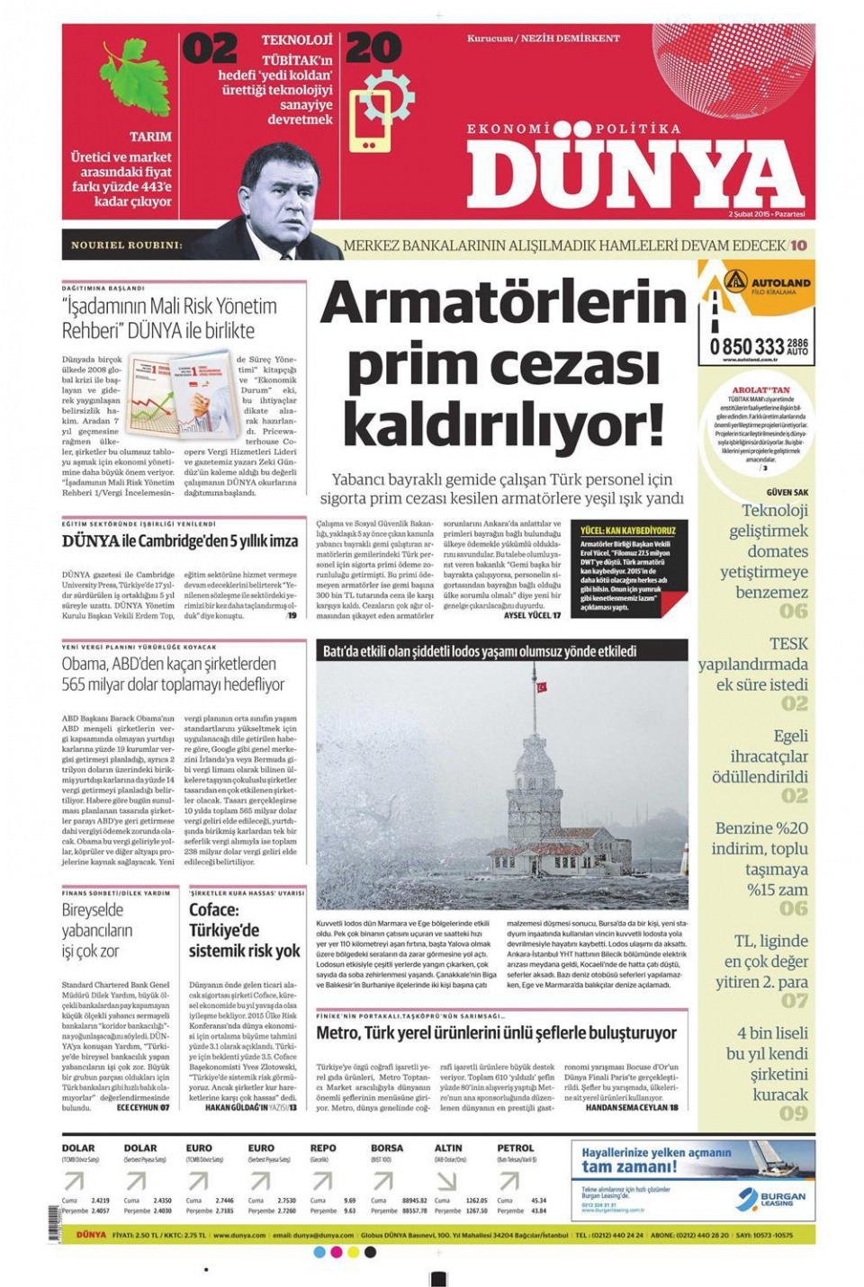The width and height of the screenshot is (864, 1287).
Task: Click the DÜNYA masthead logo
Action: [635, 174]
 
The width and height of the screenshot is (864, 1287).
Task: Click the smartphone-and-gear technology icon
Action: [380, 107]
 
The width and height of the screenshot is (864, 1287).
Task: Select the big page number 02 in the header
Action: [210, 49]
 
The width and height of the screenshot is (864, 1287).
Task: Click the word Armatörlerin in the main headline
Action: [503, 303]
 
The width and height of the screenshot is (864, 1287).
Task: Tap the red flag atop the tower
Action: [542, 686]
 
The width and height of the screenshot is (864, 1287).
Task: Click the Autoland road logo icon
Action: [735, 281]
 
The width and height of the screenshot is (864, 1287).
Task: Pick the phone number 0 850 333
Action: [746, 346]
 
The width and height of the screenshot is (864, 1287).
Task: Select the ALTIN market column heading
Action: [447, 1148]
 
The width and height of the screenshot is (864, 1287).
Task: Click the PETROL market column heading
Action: [515, 1148]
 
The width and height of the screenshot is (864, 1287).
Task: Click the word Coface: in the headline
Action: [213, 909]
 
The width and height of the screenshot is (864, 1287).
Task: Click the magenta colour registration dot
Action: [336, 1252]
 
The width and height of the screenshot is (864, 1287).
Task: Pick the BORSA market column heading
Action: [386, 1148]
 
